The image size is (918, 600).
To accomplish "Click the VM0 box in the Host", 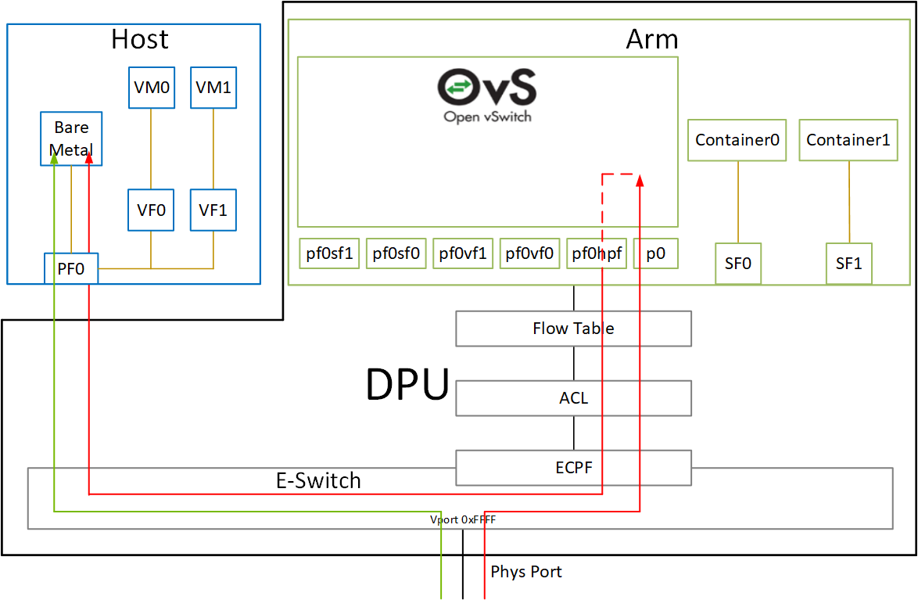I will tap(151, 88).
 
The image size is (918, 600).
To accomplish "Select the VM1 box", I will tap(213, 88).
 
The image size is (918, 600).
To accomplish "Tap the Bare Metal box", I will tap(71, 138).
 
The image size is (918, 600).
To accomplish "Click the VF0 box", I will tap(151, 210).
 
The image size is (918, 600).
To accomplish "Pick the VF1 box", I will tap(213, 210).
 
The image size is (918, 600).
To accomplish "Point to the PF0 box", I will tap(70, 268).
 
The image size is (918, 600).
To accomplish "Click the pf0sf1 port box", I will tap(329, 253).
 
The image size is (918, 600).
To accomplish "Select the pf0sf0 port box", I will tap(396, 253).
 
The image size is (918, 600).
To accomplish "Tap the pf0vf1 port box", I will tap(463, 253).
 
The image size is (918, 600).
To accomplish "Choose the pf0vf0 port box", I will tap(529, 253).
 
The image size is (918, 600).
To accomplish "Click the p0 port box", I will tap(655, 253).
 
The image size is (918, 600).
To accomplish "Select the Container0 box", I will tap(737, 140).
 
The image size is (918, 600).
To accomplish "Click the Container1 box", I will tap(848, 140).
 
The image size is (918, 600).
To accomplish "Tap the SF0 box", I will tap(737, 264).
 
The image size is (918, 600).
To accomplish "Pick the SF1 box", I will tap(848, 264).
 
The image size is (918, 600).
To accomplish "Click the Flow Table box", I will tap(573, 329).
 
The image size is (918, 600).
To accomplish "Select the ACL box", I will tap(573, 398).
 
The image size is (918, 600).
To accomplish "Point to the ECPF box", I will tap(573, 468).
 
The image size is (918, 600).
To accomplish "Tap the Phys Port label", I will tap(525, 572).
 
